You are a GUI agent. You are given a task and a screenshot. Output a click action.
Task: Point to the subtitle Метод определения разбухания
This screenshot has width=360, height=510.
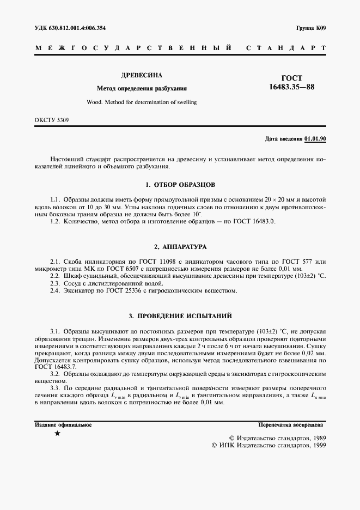pyautogui.click(x=142, y=88)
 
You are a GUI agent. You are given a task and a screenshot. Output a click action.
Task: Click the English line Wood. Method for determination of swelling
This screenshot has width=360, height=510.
pyautogui.click(x=142, y=102)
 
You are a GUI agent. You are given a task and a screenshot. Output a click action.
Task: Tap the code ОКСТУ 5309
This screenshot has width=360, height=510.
pyautogui.click(x=51, y=119)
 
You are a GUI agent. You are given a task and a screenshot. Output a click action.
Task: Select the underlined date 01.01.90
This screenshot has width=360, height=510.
pyautogui.click(x=315, y=139)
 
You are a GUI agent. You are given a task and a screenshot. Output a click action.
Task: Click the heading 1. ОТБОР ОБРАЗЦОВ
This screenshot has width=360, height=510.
pyautogui.click(x=180, y=185)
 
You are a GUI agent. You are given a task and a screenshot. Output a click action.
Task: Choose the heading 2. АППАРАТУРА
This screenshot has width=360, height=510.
pyautogui.click(x=180, y=247)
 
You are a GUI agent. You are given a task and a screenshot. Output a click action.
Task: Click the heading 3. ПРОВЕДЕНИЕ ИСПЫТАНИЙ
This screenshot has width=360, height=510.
pyautogui.click(x=180, y=315)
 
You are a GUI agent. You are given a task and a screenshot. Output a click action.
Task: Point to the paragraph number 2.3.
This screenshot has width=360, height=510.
pyautogui.click(x=54, y=284)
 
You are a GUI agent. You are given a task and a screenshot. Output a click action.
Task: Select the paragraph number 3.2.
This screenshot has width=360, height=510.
pyautogui.click(x=54, y=374)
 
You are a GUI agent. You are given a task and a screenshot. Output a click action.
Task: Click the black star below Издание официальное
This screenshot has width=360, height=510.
pyautogui.click(x=58, y=434)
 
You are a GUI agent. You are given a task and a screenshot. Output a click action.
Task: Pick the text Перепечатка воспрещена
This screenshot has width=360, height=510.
pyautogui.click(x=291, y=424)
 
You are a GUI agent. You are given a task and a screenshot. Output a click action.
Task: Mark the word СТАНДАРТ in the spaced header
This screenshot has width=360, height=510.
pyautogui.click(x=286, y=48)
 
